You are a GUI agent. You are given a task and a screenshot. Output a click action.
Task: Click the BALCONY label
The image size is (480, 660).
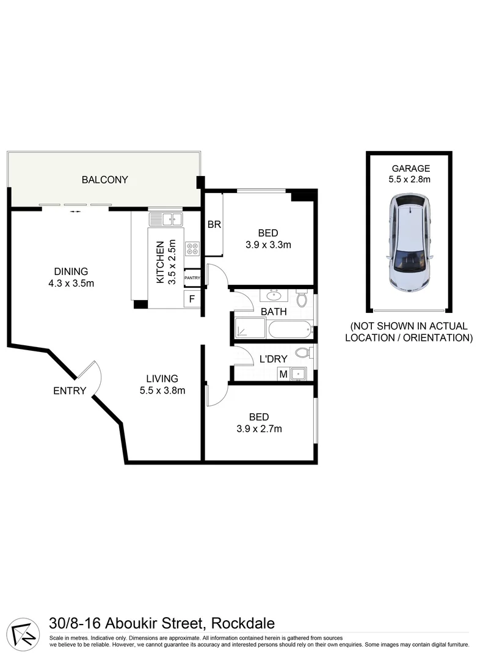pyautogui.click(x=105, y=180)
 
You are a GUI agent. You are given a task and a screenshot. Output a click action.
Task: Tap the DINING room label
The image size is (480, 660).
pyautogui.click(x=71, y=271)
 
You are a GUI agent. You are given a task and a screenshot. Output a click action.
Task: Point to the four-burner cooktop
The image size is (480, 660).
pyautogui.click(x=192, y=249)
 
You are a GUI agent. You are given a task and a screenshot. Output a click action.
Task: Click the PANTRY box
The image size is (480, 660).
pyautogui.click(x=192, y=278)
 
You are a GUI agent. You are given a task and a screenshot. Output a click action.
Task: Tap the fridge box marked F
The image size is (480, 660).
pyautogui.click(x=192, y=299)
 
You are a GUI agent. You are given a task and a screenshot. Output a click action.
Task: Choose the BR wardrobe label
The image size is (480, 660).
pyautogui.click(x=214, y=225)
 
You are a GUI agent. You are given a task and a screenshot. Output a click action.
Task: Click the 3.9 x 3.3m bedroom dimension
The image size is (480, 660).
pyautogui.click(x=268, y=245)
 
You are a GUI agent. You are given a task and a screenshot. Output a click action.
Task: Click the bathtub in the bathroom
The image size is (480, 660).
pyautogui.click(x=289, y=331)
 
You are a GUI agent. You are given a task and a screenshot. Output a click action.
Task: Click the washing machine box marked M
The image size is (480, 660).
pyautogui.click(x=283, y=374)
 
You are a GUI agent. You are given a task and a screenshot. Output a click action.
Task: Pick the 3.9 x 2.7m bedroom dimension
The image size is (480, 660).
pyautogui.click(x=259, y=428)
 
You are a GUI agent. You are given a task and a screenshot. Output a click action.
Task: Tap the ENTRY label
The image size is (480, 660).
pyautogui.click(x=70, y=391)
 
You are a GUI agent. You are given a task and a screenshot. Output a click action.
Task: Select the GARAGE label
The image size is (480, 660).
pyautogui.click(x=410, y=168)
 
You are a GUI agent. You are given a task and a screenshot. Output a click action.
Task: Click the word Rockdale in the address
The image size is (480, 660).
pyautogui.click(x=242, y=623)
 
